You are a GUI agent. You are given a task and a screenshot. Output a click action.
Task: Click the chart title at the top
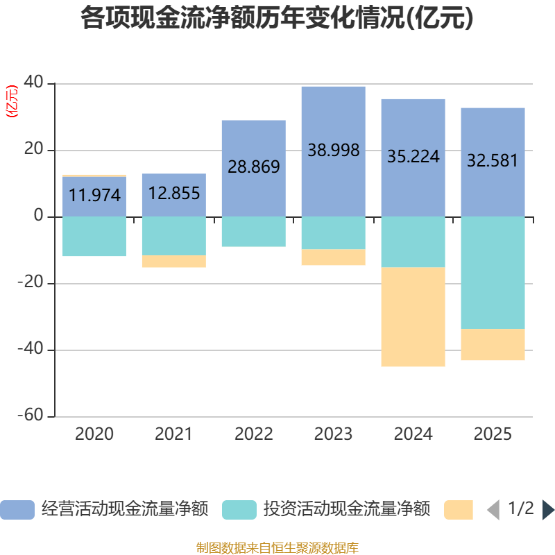[x=277, y=19]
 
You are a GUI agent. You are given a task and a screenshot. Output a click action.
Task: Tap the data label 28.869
[x=254, y=167]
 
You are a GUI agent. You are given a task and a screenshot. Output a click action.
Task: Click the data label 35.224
[x=413, y=157]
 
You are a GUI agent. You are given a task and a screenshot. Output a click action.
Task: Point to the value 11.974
[x=94, y=196]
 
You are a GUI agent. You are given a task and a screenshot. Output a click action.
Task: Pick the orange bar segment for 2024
[x=413, y=317]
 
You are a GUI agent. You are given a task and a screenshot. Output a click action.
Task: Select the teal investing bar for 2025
[x=493, y=273]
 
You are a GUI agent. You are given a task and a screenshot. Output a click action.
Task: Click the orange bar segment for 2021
[x=174, y=262]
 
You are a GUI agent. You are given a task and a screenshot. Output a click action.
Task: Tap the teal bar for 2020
[x=94, y=237]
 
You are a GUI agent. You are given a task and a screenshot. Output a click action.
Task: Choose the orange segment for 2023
[x=333, y=257]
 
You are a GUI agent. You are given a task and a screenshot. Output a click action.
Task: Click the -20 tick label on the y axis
[x=31, y=284]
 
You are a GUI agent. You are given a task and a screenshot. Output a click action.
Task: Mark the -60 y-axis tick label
[x=31, y=416]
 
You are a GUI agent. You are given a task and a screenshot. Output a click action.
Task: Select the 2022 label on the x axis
[x=254, y=435]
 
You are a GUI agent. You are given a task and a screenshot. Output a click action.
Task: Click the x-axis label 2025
[x=493, y=435]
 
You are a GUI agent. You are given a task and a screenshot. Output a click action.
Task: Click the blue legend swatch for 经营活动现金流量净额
[x=17, y=510]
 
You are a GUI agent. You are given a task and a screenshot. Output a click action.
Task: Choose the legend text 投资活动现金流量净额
[x=347, y=510]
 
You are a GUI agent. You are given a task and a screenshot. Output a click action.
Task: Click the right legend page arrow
[x=548, y=510]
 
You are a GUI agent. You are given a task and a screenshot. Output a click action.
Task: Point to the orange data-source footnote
[x=277, y=548]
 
